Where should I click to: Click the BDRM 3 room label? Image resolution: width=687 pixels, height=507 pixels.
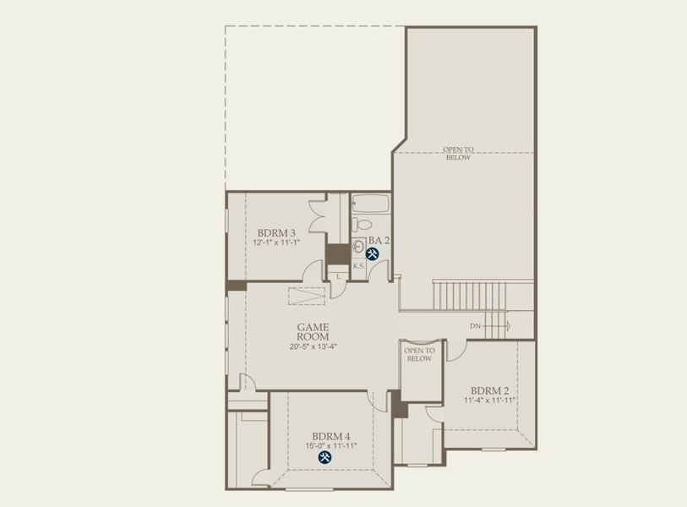coord(276,233)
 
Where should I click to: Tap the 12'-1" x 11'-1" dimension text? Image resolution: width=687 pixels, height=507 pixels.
coord(276,243)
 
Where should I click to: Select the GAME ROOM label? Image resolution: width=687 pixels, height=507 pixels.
coord(313,331)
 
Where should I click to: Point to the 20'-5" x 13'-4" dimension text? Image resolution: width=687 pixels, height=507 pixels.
coord(313,345)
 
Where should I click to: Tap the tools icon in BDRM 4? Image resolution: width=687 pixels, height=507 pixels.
coord(324,457)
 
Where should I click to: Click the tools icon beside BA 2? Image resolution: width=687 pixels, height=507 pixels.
coord(373,253)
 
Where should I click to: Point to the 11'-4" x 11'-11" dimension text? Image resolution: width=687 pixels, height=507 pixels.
coord(489,400)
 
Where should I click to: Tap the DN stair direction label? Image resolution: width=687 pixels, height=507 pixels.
coord(476,325)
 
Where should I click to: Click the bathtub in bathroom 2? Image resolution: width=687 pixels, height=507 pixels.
coord(370,204)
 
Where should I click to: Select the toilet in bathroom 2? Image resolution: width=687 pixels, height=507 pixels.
coord(361,225)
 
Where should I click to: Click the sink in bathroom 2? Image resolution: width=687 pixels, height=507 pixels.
coord(358,247)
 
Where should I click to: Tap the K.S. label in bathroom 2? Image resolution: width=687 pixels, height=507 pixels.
coord(358,266)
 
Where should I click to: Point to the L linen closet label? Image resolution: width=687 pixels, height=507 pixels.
coord(338,275)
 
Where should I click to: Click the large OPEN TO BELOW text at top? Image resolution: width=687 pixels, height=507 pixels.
coord(459,153)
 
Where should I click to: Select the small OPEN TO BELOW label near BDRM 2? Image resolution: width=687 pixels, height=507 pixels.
coord(419,354)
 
